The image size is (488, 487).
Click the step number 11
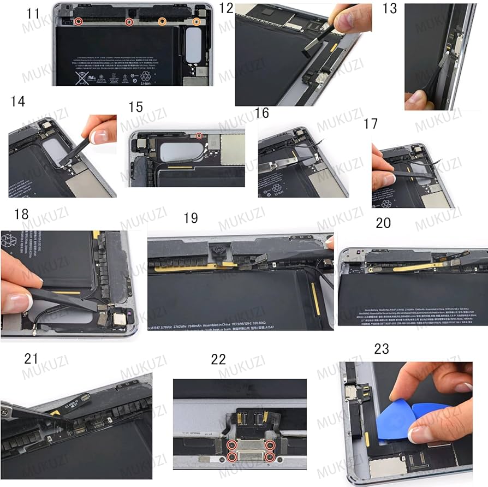[33, 13]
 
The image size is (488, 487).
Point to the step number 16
[262, 113]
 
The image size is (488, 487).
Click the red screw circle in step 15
[199, 135]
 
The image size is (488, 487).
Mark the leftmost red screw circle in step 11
[79, 22]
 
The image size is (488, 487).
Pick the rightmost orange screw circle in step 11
[196, 22]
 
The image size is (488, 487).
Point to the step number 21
[31, 359]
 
